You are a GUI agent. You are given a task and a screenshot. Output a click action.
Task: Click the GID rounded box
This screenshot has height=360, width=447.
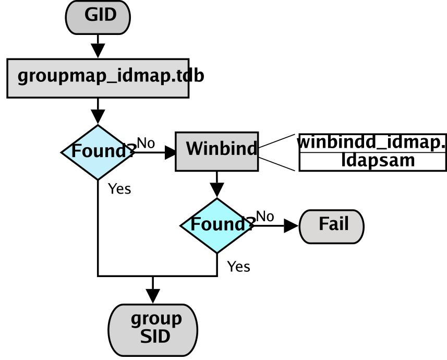click(x=98, y=17)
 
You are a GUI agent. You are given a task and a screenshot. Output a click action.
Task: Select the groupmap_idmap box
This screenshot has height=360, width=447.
click(x=98, y=78)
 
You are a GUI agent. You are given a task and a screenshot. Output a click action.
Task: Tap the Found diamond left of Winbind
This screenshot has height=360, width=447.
click(x=98, y=152)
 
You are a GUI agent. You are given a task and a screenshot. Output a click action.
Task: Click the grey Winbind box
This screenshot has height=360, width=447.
click(x=216, y=151)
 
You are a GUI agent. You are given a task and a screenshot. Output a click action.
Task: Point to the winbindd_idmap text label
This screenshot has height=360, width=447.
click(x=372, y=142)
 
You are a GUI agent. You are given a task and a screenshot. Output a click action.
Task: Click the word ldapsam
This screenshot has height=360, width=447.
click(x=378, y=161)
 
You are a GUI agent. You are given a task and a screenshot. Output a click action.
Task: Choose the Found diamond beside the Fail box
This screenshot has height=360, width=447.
click(x=216, y=225)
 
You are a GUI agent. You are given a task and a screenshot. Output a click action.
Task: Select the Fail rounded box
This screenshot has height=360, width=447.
click(x=331, y=226)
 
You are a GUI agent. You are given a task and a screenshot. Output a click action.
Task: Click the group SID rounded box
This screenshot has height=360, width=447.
click(x=153, y=330)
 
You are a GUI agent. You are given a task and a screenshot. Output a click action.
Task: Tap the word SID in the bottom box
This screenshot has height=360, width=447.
click(x=155, y=337)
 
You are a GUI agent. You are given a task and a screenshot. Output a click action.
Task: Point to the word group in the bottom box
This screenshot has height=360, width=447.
click(x=156, y=318)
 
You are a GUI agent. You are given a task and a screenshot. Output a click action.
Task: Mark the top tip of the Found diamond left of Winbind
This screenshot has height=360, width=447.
click(x=98, y=127)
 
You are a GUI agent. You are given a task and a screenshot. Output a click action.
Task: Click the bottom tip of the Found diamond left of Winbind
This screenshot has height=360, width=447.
click(x=98, y=178)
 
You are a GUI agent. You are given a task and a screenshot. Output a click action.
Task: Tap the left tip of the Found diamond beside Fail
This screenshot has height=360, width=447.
click(x=183, y=225)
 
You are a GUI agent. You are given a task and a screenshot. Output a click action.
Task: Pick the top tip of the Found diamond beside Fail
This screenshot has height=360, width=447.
click(x=216, y=200)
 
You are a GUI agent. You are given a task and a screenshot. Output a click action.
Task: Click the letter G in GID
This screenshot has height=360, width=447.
click(x=91, y=15)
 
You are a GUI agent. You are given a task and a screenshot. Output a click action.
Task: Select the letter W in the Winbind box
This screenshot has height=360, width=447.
click(x=194, y=149)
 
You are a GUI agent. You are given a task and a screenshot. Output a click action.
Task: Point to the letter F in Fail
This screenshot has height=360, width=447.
click(x=323, y=224)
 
